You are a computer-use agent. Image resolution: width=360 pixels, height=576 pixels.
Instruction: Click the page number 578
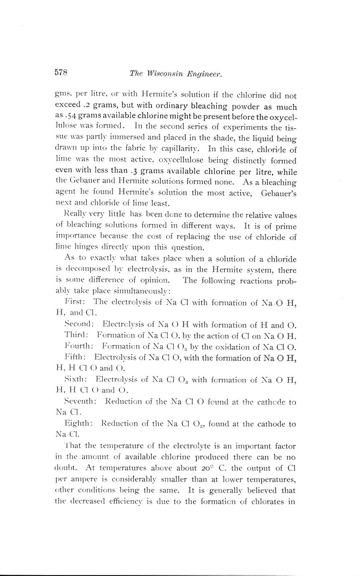tap(61, 72)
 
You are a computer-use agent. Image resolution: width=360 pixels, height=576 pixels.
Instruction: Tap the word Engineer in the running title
tap(204, 74)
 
